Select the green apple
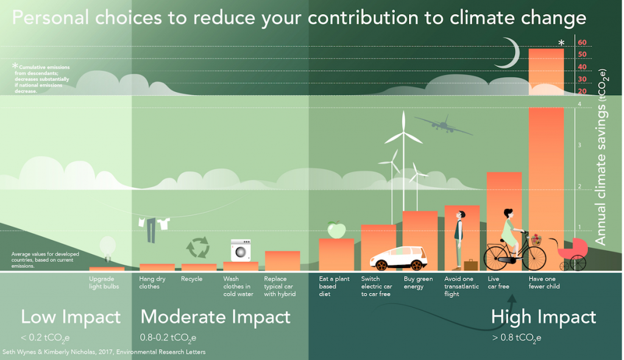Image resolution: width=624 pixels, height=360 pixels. pos(336,230)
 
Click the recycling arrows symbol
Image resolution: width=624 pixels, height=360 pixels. pos(198,247)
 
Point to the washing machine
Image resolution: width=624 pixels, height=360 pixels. pos(241,250)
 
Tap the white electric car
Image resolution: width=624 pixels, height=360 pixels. pos(399,258)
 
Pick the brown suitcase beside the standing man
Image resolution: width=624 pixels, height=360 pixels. pos(471,265)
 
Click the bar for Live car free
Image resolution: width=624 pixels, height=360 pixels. pos(504,222)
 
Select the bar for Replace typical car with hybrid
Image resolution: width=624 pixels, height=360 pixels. pos(282,261)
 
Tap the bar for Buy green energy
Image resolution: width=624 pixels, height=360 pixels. pos(420,241)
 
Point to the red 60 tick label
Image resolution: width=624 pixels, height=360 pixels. pos(582,43)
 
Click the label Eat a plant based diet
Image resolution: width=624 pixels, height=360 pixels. pos(334,286)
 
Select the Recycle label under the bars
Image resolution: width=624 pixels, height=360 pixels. pos(191,279)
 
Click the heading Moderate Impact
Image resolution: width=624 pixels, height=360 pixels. pos(215,317)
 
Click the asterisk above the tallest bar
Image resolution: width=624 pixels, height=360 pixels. pos(561,43)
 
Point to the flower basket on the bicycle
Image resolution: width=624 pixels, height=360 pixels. pos(536,240)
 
